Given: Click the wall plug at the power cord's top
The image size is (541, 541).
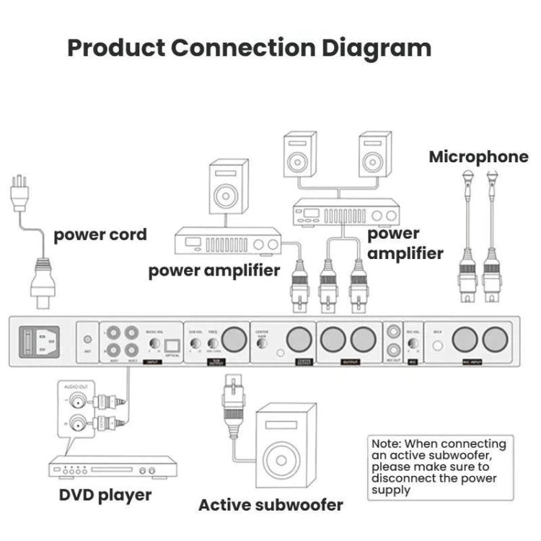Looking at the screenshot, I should coord(19,193).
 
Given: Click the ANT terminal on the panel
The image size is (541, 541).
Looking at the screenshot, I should coord(88,339).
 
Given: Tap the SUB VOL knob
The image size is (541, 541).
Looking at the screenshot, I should coord(195,343).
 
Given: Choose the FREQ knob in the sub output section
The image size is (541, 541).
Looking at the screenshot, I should coord(213,343).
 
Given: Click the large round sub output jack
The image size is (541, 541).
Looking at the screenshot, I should coord(234,339).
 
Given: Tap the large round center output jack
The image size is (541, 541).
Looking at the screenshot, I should coord(297,339).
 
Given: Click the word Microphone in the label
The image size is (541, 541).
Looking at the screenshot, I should coord(478,157).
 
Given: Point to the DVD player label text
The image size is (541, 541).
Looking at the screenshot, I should coord(105,495).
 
